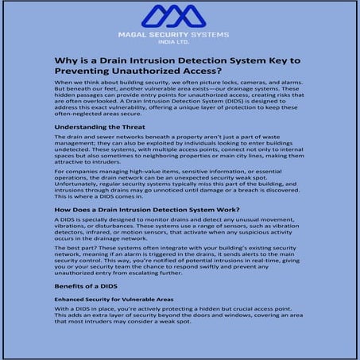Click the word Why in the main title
tap(65, 61)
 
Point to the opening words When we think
tap(74, 83)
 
